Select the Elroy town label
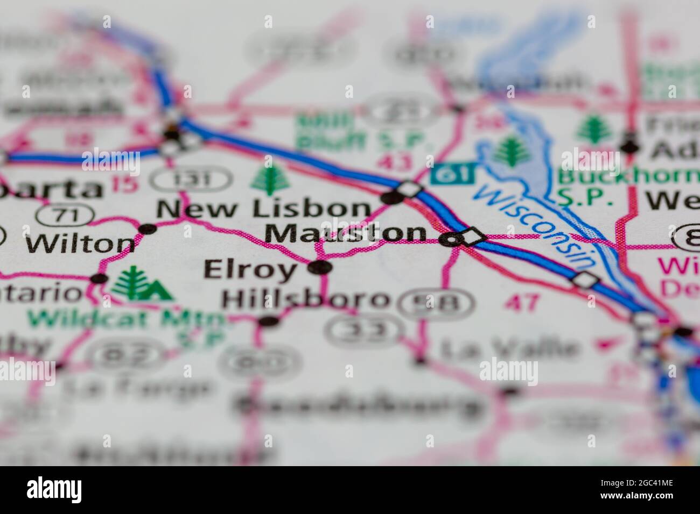250,269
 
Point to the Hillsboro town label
306,299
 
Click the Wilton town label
81,244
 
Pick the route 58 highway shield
437,303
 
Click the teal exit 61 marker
453,174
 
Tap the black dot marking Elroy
321,267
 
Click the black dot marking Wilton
146,229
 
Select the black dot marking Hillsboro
269,321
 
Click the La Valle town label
508,349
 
